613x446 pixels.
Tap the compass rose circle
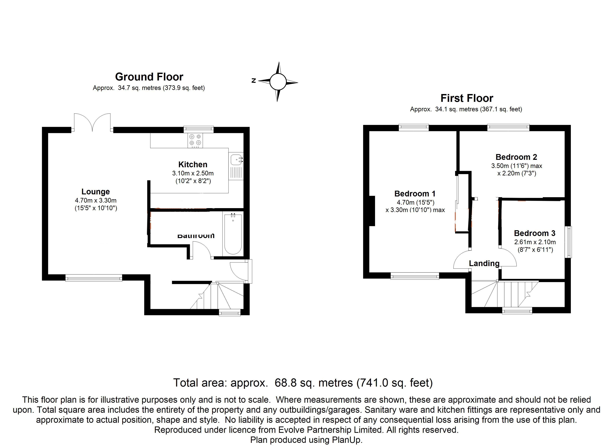[278, 82]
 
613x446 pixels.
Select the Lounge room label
[95, 192]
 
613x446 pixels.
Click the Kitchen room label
[193, 164]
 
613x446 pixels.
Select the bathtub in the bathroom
[233, 234]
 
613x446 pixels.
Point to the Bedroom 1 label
[415, 194]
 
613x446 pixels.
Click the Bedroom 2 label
[516, 157]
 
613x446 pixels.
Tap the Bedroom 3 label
[534, 233]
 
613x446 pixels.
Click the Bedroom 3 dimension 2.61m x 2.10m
[535, 242]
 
